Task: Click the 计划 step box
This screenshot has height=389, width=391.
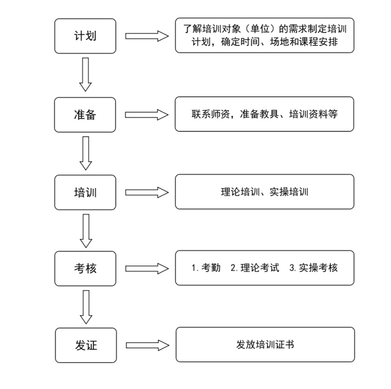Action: pyautogui.click(x=85, y=36)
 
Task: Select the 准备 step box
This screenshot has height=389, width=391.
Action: pyautogui.click(x=85, y=115)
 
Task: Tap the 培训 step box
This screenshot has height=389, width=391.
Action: pyautogui.click(x=85, y=192)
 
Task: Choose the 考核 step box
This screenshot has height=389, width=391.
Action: pyautogui.click(x=85, y=268)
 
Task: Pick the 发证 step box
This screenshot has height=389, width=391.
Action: pyautogui.click(x=86, y=345)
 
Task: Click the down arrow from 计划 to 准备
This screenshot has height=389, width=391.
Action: pyautogui.click(x=86, y=74)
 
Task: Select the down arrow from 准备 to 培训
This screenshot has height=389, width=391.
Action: pyautogui.click(x=86, y=153)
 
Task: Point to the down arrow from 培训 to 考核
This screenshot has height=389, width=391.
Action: pyautogui.click(x=86, y=231)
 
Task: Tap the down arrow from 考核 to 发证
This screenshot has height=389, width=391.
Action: pyautogui.click(x=86, y=307)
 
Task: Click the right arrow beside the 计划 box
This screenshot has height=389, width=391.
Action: pyautogui.click(x=147, y=36)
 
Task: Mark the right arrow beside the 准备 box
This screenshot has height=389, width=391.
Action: pyautogui.click(x=147, y=115)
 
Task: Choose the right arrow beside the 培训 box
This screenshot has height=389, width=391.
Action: pyautogui.click(x=147, y=193)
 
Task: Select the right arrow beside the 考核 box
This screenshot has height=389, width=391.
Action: pyautogui.click(x=147, y=269)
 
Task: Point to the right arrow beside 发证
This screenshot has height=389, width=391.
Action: pyautogui.click(x=148, y=345)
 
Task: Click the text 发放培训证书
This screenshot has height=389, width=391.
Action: pyautogui.click(x=265, y=344)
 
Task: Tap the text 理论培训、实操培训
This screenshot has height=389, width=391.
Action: pyautogui.click(x=264, y=192)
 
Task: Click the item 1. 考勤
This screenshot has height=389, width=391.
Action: pyautogui.click(x=206, y=268)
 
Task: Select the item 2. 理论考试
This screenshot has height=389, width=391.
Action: pyautogui.click(x=255, y=268)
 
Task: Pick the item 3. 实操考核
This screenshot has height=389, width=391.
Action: pyautogui.click(x=313, y=268)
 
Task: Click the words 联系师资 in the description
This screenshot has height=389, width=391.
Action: pyautogui.click(x=211, y=114)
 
